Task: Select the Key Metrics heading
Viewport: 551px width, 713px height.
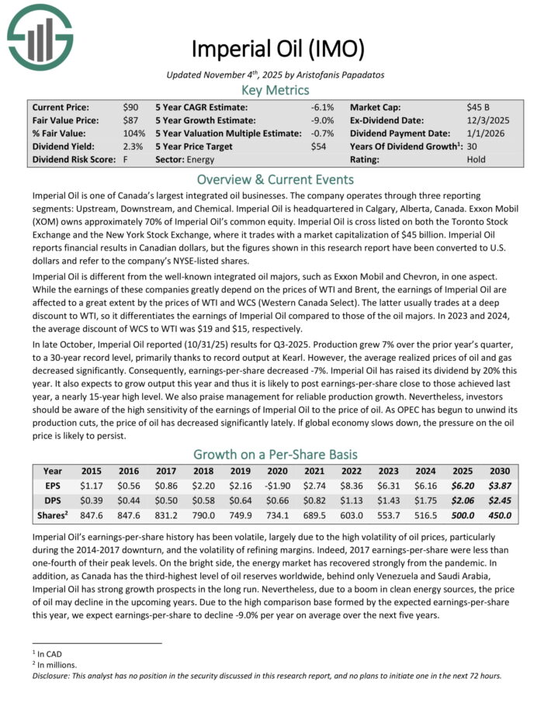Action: pyautogui.click(x=275, y=89)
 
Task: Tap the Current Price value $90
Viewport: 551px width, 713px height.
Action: pyautogui.click(x=130, y=107)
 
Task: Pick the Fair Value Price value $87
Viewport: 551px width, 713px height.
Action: pyautogui.click(x=130, y=120)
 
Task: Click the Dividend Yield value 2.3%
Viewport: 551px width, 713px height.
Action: pyautogui.click(x=132, y=146)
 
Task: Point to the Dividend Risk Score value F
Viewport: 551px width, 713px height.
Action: pyautogui.click(x=125, y=159)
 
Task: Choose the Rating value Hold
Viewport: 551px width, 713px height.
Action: pyautogui.click(x=476, y=159)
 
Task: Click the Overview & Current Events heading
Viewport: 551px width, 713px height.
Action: pyautogui.click(x=275, y=179)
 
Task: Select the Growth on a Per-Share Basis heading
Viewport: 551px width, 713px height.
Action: pyautogui.click(x=275, y=454)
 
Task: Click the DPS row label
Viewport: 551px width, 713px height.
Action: pyautogui.click(x=53, y=500)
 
